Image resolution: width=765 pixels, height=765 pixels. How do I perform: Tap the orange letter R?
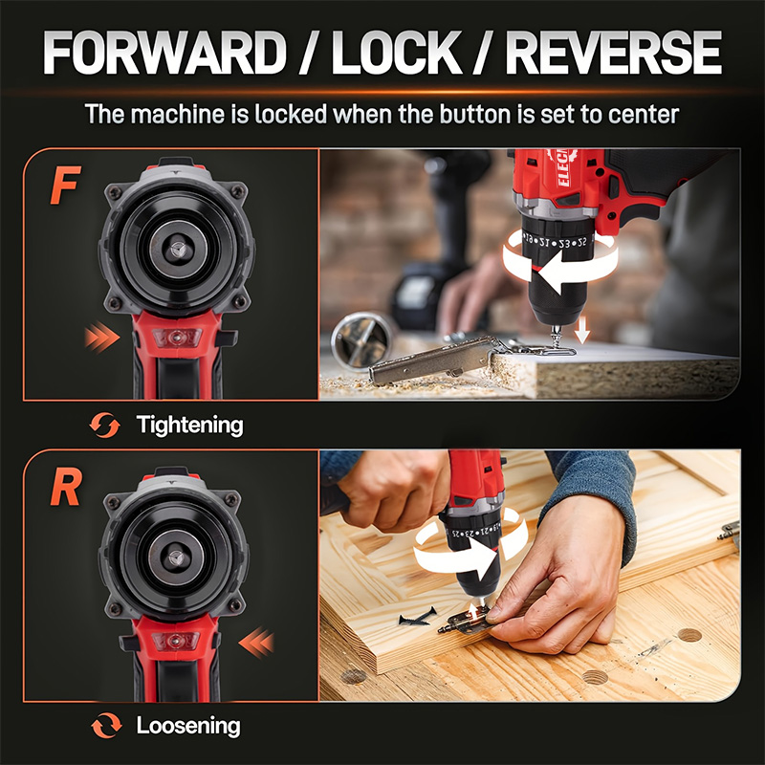[x=65, y=488]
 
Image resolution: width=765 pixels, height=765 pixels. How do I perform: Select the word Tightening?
[x=189, y=424]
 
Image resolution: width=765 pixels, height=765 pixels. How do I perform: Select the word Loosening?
[x=187, y=726]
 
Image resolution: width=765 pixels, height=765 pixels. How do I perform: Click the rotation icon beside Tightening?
[x=104, y=425]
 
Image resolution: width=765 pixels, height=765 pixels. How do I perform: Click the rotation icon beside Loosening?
[x=104, y=726]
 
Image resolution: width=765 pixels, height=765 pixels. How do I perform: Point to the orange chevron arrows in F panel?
[x=99, y=336]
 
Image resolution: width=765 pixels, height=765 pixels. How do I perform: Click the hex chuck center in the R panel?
[x=177, y=557]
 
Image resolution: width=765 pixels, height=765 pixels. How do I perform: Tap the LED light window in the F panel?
[x=177, y=338]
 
